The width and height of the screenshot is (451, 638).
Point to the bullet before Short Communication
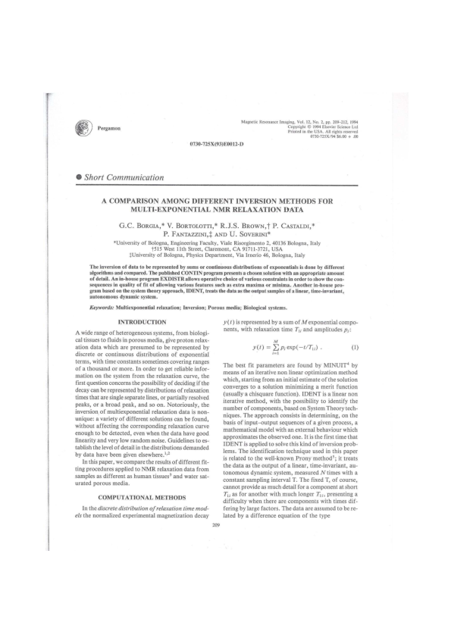click(80, 178)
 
